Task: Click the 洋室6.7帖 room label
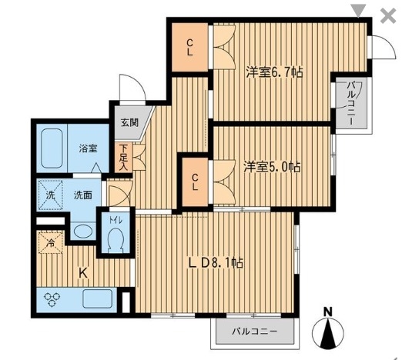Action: click(x=274, y=72)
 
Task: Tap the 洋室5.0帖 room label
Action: click(x=272, y=166)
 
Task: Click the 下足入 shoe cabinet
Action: click(x=122, y=157)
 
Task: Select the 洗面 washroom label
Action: click(x=83, y=195)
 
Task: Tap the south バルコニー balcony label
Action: click(x=254, y=332)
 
